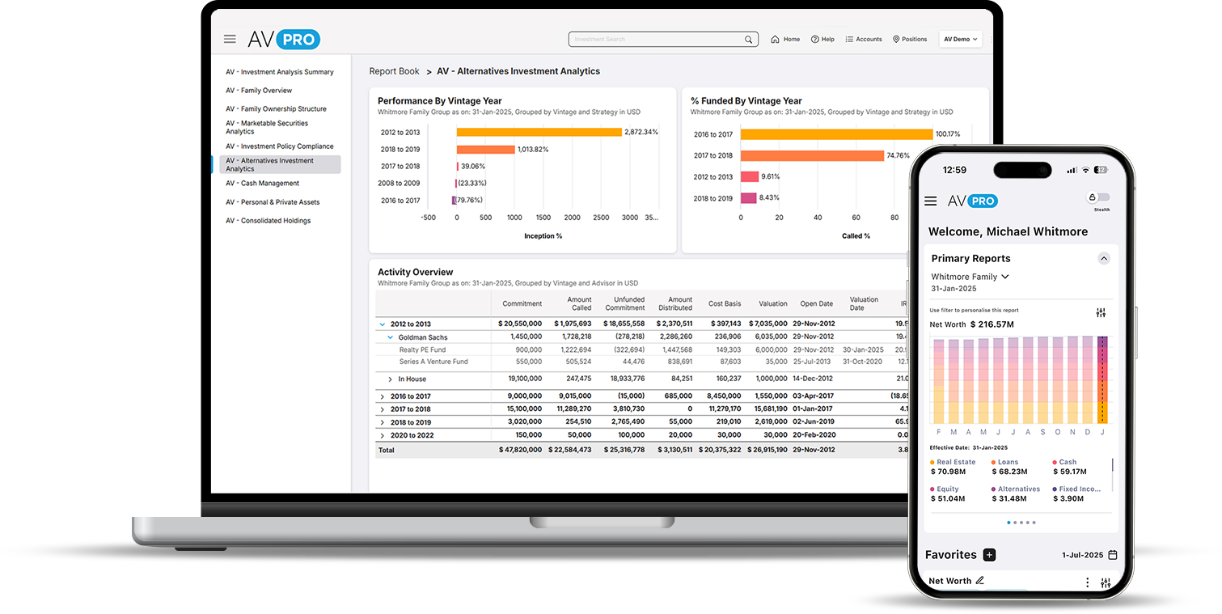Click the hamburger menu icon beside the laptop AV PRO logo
[230, 39]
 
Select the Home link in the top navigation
[785, 39]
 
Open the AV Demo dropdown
[960, 39]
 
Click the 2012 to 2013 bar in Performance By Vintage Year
[539, 132]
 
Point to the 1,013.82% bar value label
[533, 150]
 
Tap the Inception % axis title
[543, 236]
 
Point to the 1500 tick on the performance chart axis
[543, 218]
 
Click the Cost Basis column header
[724, 304]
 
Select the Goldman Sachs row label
[422, 337]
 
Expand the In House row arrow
[390, 379]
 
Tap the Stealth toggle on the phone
[1099, 197]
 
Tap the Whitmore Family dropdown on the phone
[970, 277]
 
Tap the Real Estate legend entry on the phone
[955, 463]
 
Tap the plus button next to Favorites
[989, 555]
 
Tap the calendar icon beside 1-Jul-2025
[1113, 555]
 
